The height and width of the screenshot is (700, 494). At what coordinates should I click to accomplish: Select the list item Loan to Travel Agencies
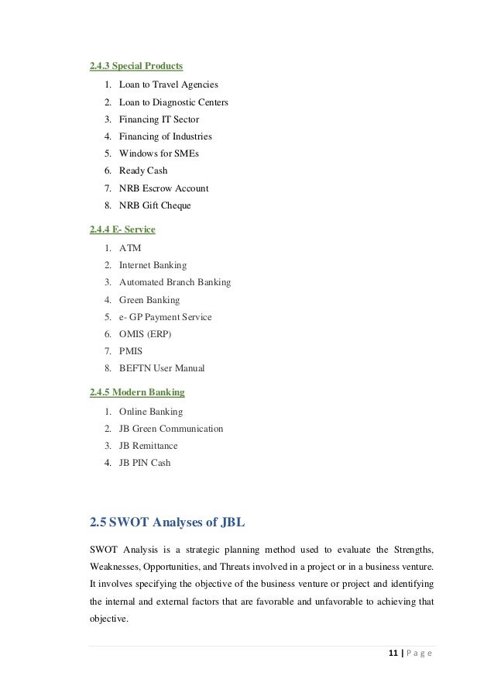(x=168, y=84)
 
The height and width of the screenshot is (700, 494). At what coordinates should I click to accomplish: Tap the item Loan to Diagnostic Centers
(x=173, y=102)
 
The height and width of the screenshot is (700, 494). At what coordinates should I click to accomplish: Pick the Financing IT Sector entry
(x=159, y=119)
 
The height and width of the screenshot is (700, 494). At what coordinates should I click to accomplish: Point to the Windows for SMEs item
(x=160, y=153)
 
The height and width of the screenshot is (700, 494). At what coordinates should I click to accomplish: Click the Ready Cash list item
(x=142, y=171)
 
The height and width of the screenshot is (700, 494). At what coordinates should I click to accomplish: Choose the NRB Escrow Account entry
(x=163, y=188)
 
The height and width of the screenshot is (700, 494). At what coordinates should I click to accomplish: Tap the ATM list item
(x=130, y=248)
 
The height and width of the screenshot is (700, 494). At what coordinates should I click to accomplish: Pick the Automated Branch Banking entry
(x=174, y=282)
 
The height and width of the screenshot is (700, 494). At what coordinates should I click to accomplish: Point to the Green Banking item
(x=149, y=299)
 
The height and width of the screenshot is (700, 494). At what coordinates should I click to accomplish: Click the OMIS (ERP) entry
(x=145, y=334)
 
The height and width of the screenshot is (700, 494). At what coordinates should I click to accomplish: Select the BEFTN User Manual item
(x=161, y=368)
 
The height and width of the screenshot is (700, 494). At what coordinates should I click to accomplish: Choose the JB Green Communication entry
(x=170, y=429)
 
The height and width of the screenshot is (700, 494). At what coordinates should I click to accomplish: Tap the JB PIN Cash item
(x=144, y=463)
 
